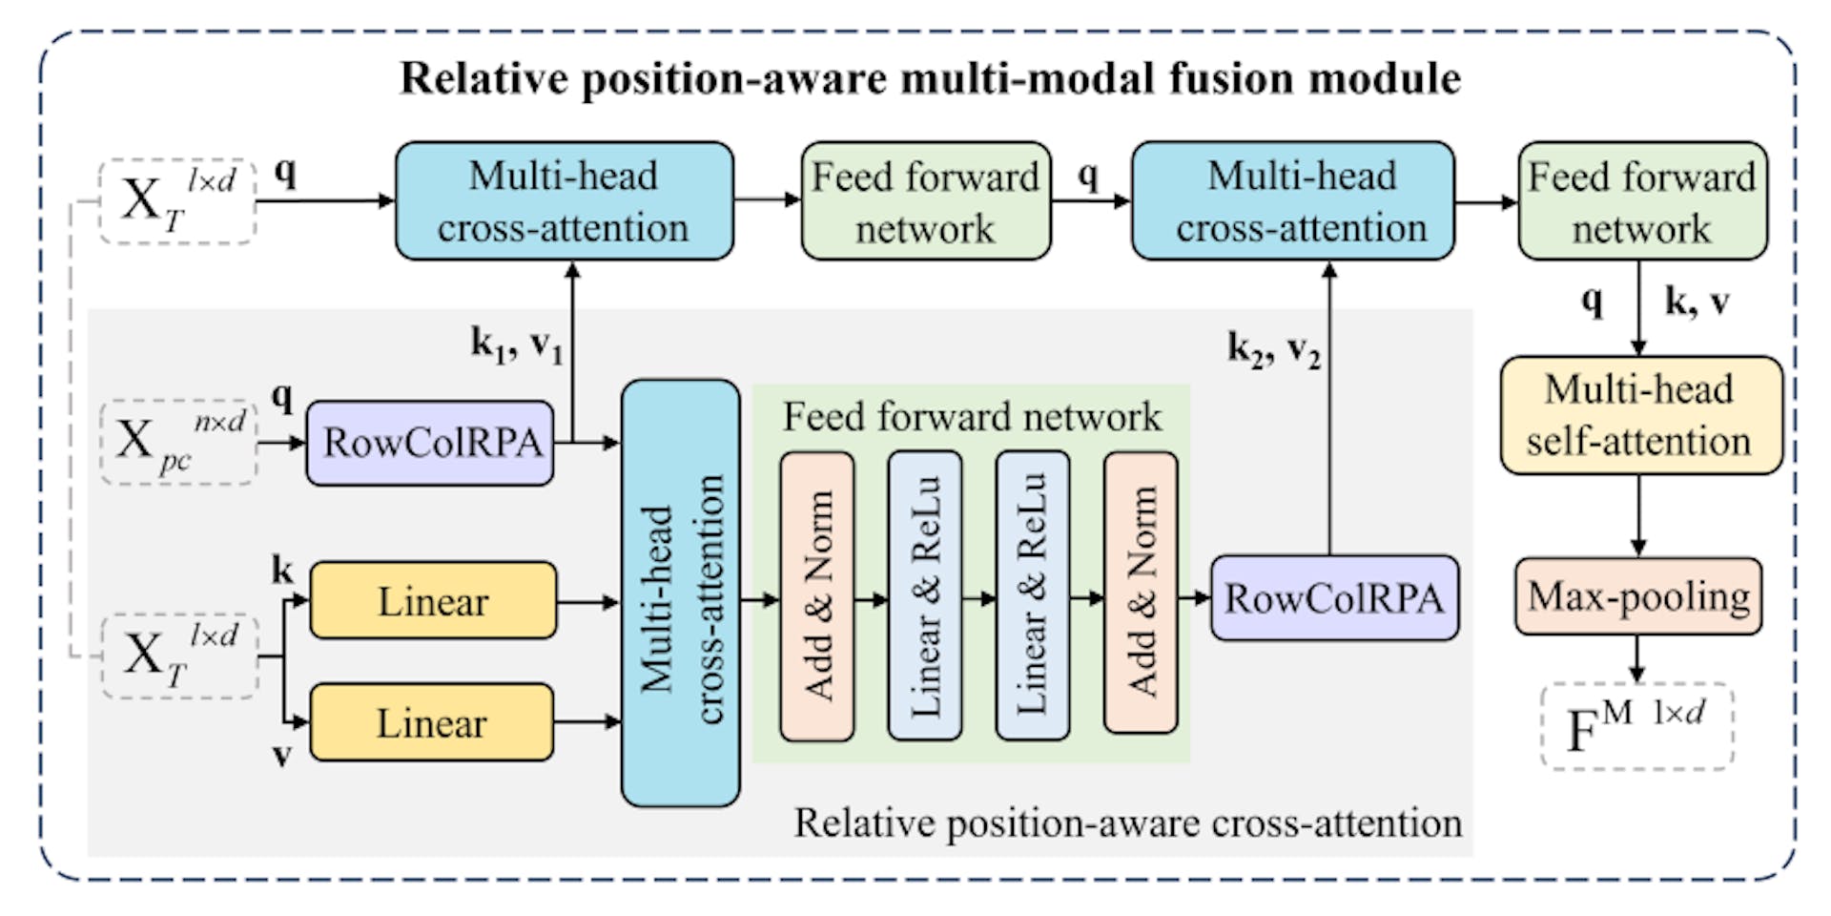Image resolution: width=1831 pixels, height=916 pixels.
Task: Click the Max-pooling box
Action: (x=1637, y=597)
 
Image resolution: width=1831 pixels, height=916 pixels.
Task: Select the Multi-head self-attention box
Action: (x=1640, y=415)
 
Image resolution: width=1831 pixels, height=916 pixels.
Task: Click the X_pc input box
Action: (x=178, y=442)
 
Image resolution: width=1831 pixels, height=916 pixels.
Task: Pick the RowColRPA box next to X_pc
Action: (x=430, y=443)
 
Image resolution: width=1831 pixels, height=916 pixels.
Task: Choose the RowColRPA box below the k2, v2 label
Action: (x=1333, y=598)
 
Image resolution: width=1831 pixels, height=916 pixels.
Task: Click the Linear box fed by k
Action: (x=433, y=601)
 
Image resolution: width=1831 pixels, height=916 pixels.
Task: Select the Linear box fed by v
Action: (x=432, y=722)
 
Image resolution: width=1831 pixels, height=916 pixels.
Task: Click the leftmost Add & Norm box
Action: (x=817, y=596)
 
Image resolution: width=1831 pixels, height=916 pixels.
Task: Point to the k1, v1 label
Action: (x=517, y=343)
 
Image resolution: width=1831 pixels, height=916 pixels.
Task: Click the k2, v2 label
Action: (x=1273, y=349)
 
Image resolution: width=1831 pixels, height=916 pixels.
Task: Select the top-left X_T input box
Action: (x=177, y=201)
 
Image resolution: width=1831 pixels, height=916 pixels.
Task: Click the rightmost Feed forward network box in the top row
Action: (x=1641, y=201)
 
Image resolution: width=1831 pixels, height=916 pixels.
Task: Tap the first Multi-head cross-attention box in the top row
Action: (x=564, y=201)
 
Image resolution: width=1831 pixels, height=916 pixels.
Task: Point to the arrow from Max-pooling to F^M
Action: (x=1637, y=658)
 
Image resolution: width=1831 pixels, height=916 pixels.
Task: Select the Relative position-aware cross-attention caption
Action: (x=1127, y=822)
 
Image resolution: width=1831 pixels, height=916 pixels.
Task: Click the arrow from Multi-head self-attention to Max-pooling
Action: (x=1638, y=515)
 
